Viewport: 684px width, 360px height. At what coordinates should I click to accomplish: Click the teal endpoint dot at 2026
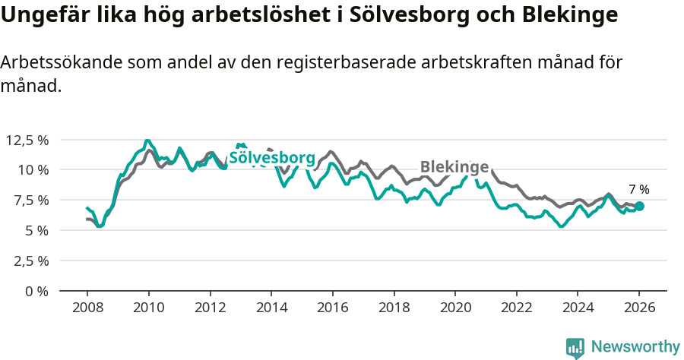click(x=639, y=206)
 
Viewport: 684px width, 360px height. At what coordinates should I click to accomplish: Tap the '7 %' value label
click(x=638, y=190)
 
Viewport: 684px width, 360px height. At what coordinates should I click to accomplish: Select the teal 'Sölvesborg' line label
click(x=272, y=158)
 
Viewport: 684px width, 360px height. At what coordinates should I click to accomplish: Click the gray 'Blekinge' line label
click(x=454, y=167)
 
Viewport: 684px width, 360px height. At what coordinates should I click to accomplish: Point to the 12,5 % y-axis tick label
click(x=27, y=140)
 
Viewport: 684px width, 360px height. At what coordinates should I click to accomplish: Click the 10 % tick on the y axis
click(x=33, y=169)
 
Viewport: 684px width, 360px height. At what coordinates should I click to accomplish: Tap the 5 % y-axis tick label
click(x=36, y=230)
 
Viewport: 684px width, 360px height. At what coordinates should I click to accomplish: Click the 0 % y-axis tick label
click(x=36, y=291)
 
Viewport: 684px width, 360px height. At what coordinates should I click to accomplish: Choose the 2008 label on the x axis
click(x=87, y=308)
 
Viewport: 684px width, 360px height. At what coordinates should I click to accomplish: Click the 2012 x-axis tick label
click(x=210, y=308)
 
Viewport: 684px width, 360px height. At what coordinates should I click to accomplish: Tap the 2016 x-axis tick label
click(x=332, y=308)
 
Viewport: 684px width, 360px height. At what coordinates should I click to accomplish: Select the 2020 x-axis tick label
click(x=454, y=308)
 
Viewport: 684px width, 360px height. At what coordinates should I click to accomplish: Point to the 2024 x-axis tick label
click(x=577, y=308)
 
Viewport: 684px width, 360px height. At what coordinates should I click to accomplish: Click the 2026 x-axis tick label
click(x=638, y=308)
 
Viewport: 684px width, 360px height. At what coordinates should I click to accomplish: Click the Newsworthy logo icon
click(x=575, y=347)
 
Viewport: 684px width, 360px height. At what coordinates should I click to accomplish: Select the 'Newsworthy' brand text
click(x=635, y=347)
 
